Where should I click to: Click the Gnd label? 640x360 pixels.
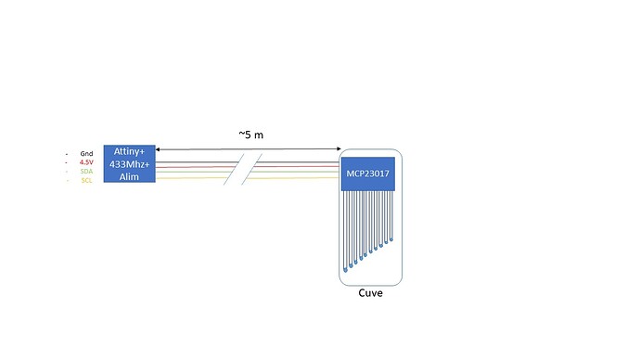click(x=86, y=153)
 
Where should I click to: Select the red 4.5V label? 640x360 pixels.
click(x=86, y=162)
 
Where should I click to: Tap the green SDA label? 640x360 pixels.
click(x=86, y=172)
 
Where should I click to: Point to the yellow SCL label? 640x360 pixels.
click(x=86, y=180)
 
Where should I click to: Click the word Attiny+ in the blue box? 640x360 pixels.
click(x=128, y=151)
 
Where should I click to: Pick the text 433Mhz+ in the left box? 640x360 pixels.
click(x=128, y=163)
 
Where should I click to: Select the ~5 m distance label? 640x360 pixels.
click(x=250, y=135)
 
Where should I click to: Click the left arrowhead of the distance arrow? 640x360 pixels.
click(x=159, y=148)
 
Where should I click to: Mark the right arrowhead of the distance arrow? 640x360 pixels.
click(x=339, y=148)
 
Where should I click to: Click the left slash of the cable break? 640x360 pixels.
click(x=235, y=169)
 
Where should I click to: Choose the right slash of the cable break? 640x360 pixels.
click(x=251, y=169)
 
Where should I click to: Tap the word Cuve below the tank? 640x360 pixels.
click(x=370, y=294)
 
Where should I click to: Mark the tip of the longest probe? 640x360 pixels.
click(x=345, y=269)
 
